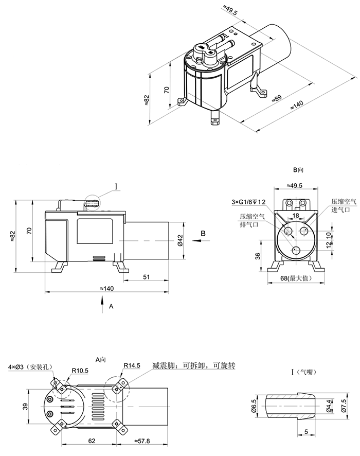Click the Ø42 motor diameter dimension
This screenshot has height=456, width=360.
pyautogui.click(x=180, y=241)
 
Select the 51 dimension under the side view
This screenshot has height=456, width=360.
pyautogui.click(x=146, y=277)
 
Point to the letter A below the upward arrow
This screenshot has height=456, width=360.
pyautogui.click(x=111, y=306)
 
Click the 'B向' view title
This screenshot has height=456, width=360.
pyautogui.click(x=299, y=169)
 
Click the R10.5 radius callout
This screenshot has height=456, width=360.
pyautogui.click(x=80, y=370)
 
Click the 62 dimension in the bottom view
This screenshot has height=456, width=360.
pyautogui.click(x=91, y=441)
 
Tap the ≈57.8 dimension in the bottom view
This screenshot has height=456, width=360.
pyautogui.click(x=142, y=441)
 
